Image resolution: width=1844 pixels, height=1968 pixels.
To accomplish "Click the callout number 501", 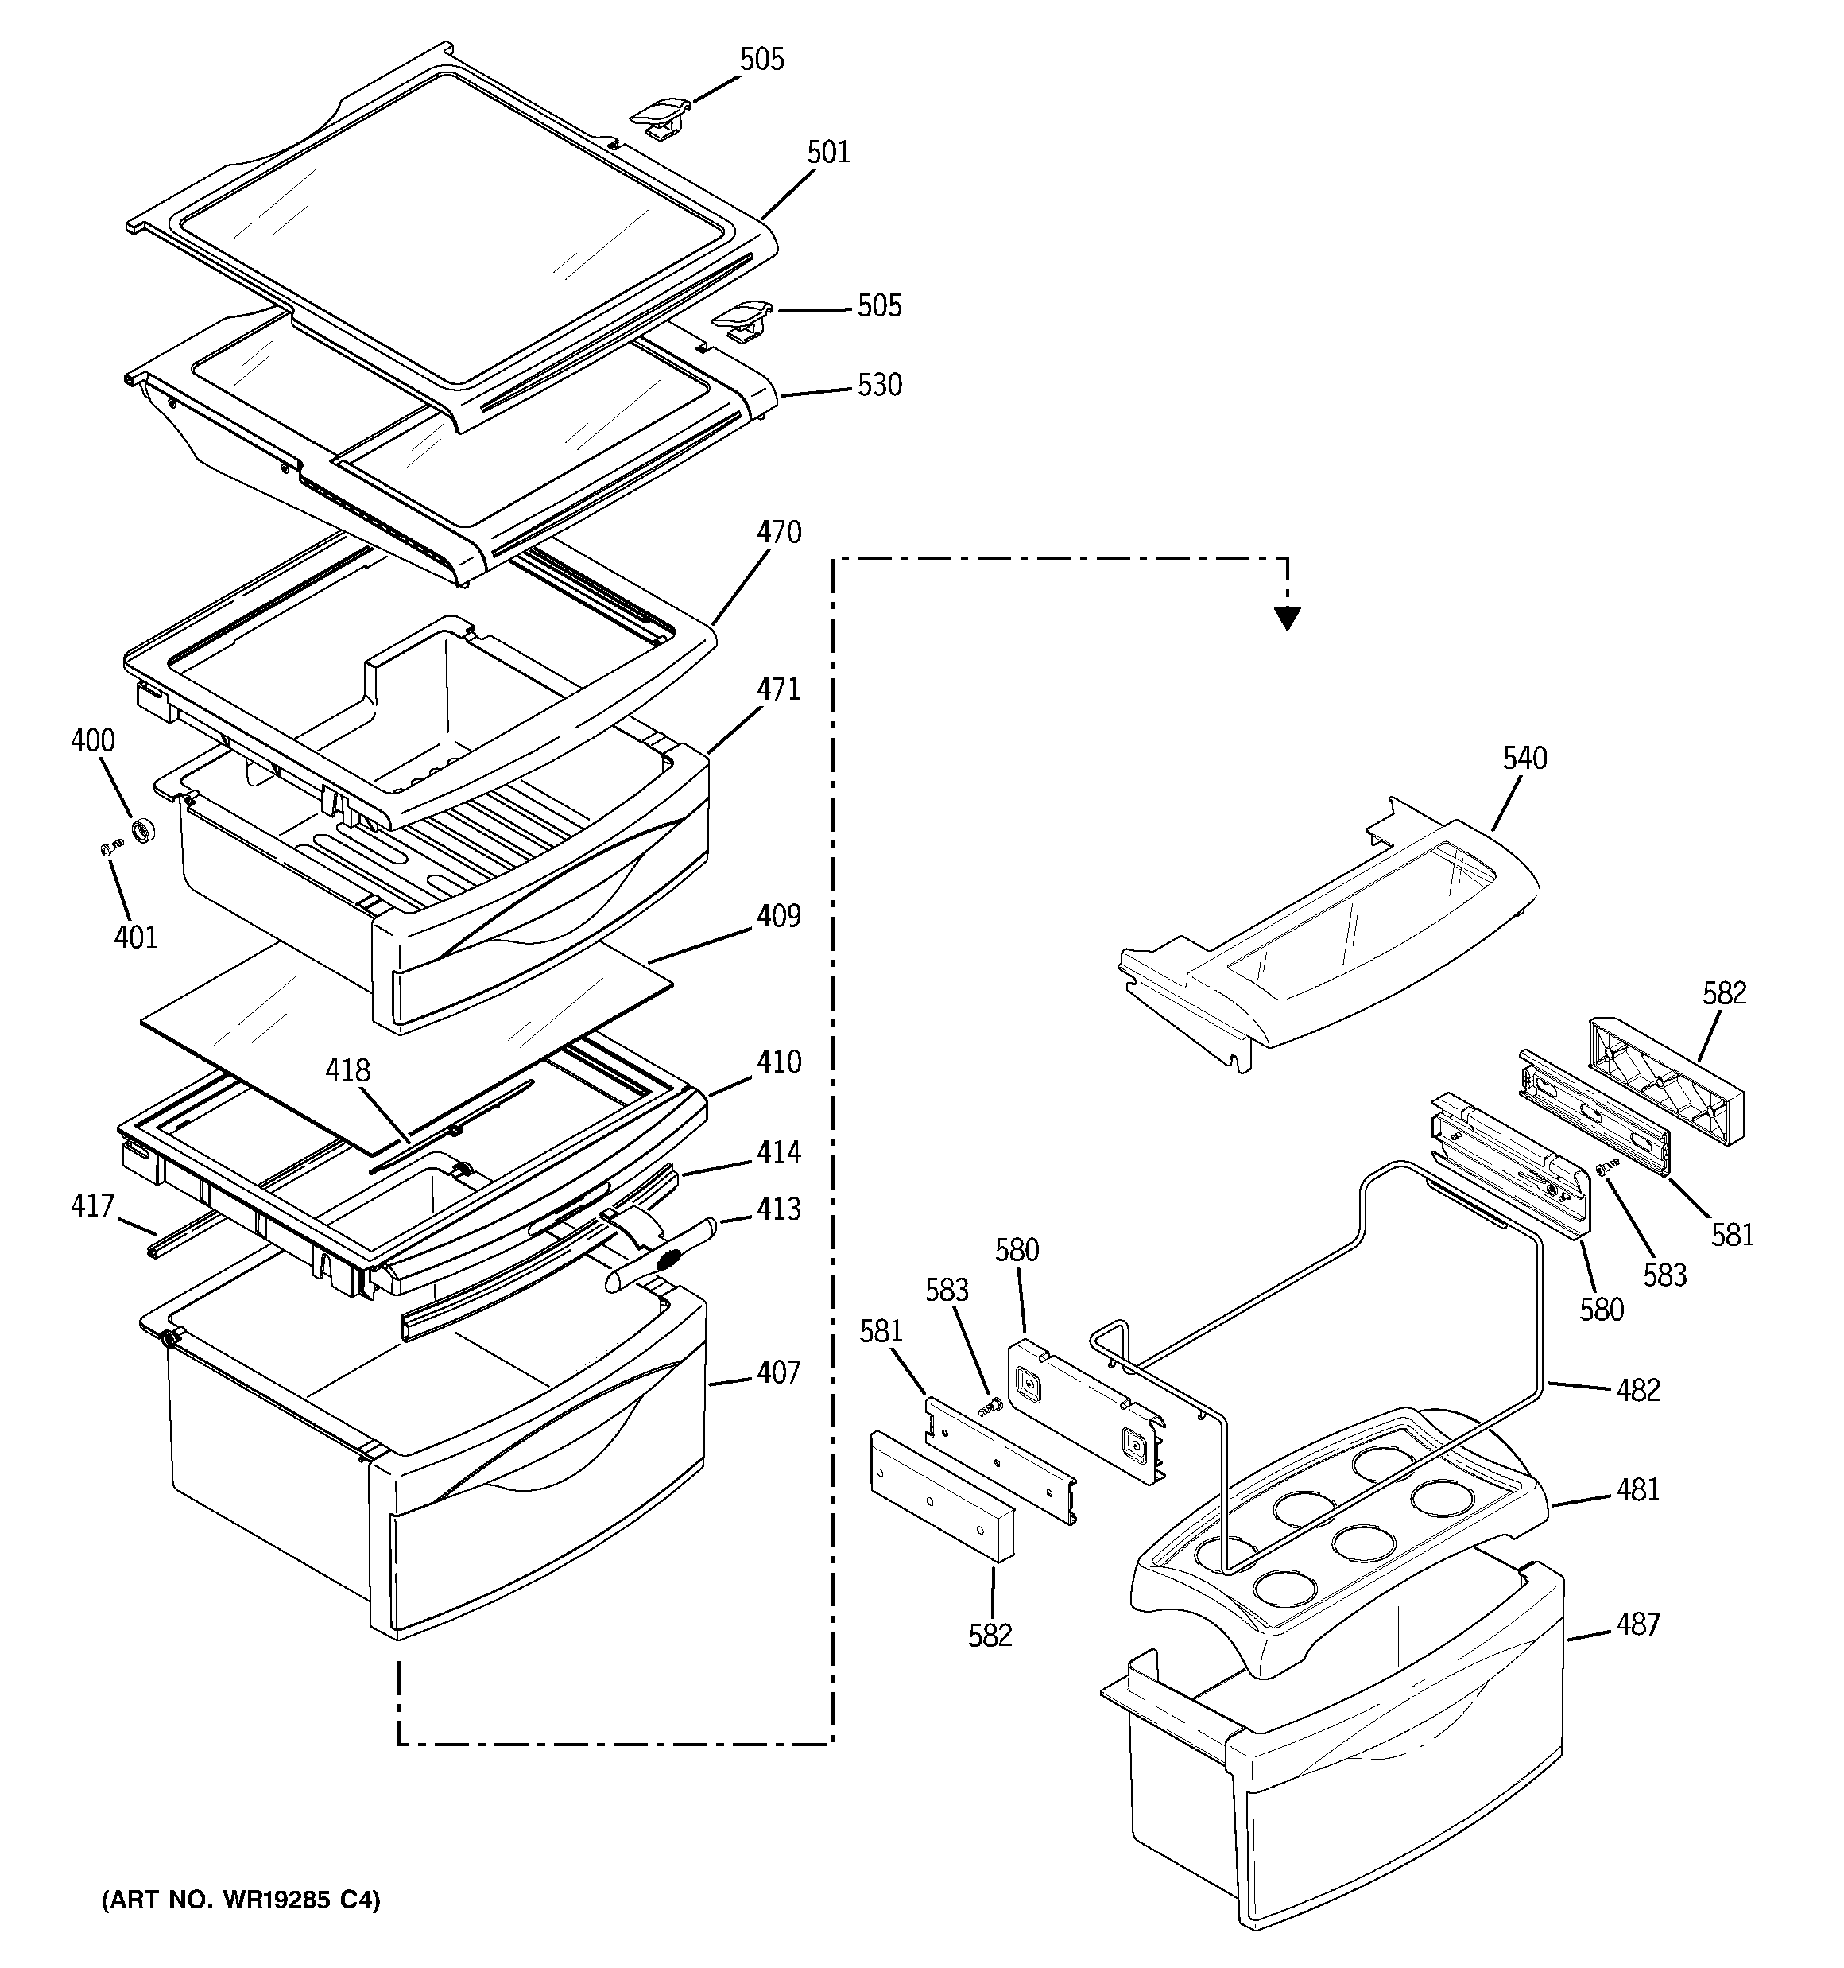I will [x=827, y=153].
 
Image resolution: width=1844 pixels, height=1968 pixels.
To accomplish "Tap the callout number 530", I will [x=879, y=385].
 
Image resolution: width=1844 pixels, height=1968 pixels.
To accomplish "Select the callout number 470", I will [x=778, y=533].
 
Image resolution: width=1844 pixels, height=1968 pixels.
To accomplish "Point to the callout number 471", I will [x=778, y=690].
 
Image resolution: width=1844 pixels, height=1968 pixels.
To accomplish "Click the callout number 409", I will [x=778, y=917].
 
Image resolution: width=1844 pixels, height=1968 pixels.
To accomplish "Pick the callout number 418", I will [x=348, y=1070].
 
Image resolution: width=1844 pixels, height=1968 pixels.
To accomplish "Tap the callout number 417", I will [x=92, y=1205].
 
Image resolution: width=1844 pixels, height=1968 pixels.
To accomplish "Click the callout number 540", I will [x=1524, y=759].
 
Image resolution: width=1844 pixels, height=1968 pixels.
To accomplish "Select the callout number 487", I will [x=1637, y=1624].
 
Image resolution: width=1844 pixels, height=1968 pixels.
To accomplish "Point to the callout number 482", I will [x=1637, y=1390].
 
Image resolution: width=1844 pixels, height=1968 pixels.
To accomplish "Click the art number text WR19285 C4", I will [x=241, y=1900].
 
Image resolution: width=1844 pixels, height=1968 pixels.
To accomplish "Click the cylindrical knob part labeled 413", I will [x=658, y=1258].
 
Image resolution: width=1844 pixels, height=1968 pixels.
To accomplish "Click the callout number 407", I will [x=778, y=1373].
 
